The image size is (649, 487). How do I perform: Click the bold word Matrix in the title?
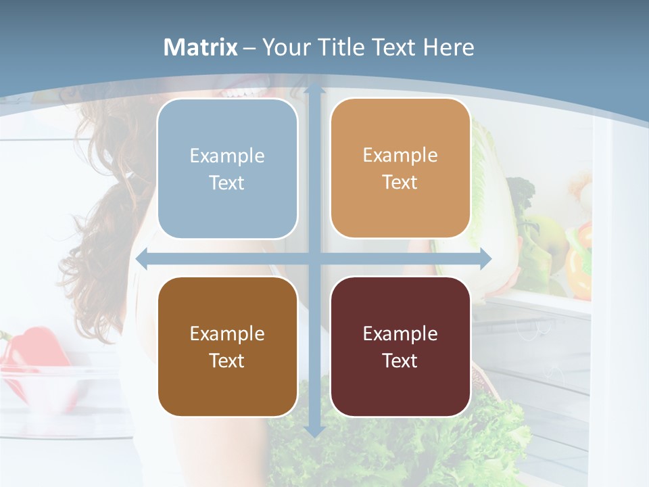(201, 47)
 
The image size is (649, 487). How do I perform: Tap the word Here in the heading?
(449, 47)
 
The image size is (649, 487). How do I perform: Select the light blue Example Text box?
(227, 168)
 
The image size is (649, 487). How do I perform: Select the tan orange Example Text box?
(400, 168)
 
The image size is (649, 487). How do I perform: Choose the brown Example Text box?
(227, 346)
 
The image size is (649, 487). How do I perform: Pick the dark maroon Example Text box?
(400, 346)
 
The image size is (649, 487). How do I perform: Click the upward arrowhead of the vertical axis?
(314, 90)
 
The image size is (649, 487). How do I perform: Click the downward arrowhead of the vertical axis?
(314, 431)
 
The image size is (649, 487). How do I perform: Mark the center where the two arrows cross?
(314, 258)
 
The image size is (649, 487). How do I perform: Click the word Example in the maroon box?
(400, 333)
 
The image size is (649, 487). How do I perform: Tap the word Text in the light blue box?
(227, 183)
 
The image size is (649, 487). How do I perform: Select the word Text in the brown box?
(227, 361)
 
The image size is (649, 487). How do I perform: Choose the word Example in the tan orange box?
(400, 155)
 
